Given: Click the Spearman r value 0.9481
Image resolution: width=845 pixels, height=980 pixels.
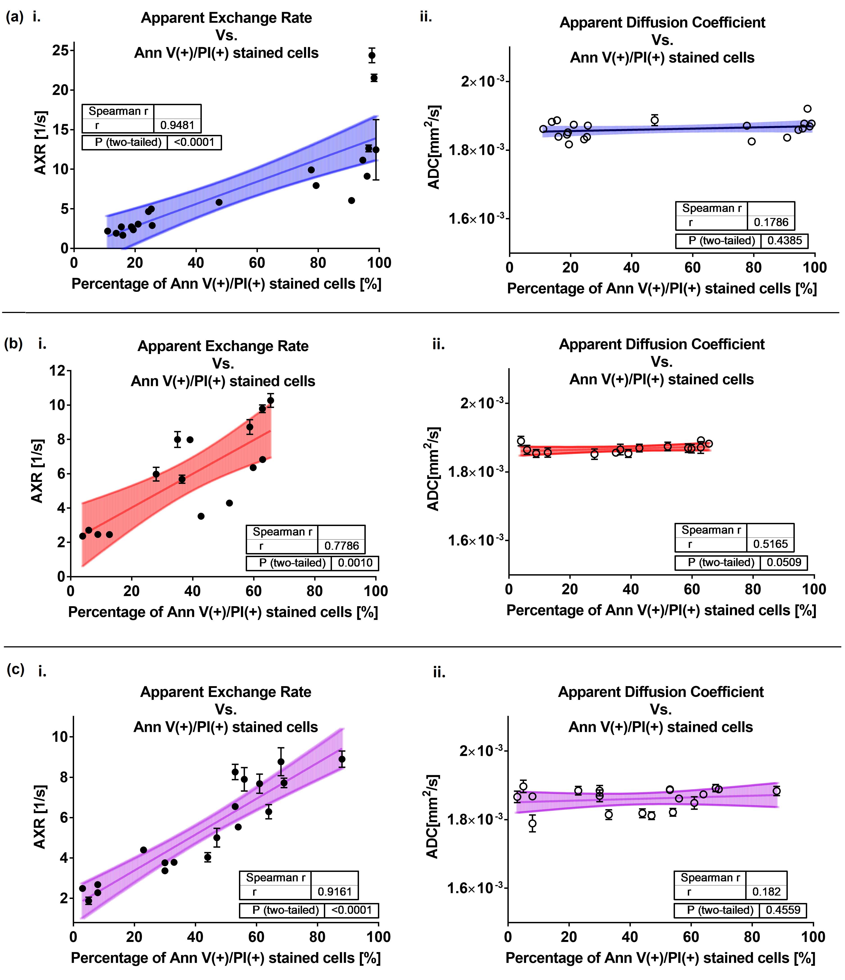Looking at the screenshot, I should pos(177,125).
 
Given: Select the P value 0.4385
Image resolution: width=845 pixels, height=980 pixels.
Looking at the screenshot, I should pos(784,241).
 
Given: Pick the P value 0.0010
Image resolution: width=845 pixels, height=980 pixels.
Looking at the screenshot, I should pos(355,563).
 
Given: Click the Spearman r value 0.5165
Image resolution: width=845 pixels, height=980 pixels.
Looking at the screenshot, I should pos(770,544).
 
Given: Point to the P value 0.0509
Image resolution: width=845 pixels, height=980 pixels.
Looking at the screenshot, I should pos(784,562).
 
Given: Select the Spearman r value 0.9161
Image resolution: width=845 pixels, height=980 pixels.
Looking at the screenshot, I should pos(334,892).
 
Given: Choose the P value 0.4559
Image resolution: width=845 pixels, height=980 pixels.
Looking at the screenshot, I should pos(783,910).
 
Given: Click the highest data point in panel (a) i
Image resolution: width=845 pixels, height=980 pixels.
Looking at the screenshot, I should pos(372,55).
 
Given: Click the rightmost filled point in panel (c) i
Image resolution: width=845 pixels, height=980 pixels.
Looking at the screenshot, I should pos(342,759).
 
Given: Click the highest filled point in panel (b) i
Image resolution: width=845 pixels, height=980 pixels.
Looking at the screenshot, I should pos(271,401).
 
